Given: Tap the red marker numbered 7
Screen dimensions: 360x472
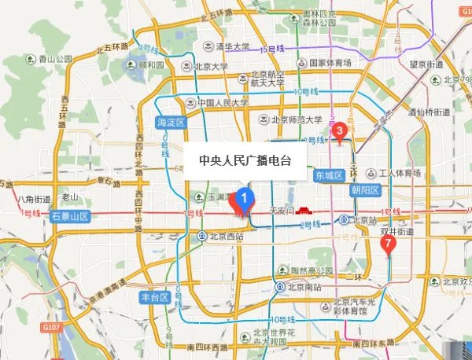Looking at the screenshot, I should coord(386,244).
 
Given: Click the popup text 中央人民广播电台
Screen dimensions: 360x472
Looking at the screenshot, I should coord(245,160).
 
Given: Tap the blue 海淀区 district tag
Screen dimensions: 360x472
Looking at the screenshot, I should coord(170,122).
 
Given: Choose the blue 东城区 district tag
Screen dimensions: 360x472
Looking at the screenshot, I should coord(329,174).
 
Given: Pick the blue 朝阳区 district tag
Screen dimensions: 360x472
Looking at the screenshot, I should coord(365,190).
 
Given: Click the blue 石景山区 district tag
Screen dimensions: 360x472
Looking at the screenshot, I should coord(70,215).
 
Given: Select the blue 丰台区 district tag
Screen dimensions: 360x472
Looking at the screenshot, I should coord(154,297).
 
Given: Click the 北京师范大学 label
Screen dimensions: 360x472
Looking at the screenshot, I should coord(301,120).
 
